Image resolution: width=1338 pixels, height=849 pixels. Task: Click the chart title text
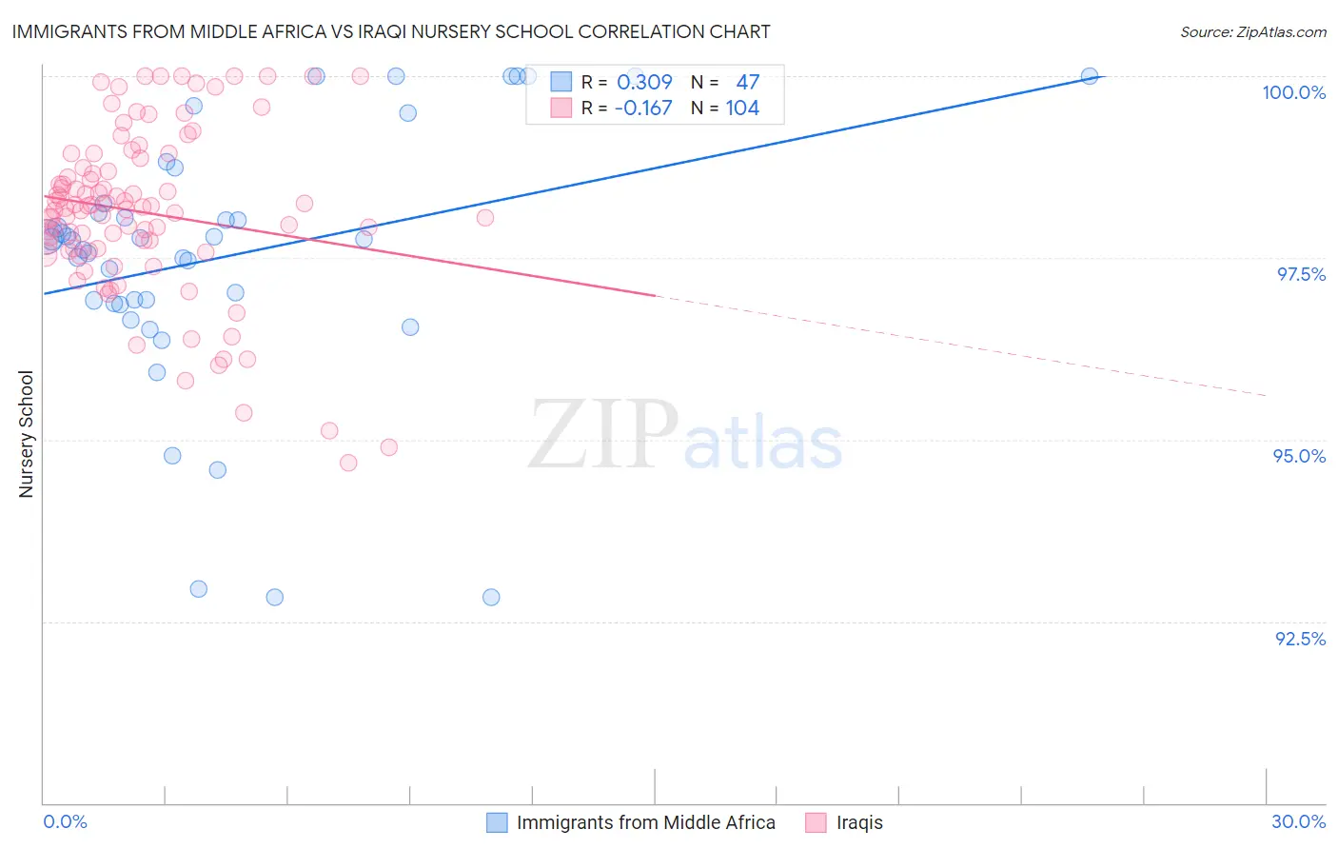point(391,31)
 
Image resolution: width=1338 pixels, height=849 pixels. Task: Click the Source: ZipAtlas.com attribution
point(1252,31)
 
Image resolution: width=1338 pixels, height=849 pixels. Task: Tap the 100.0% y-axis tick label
point(1293,92)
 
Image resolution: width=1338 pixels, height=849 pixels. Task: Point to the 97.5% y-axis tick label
point(1300,274)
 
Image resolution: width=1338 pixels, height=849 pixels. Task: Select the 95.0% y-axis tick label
point(1299,456)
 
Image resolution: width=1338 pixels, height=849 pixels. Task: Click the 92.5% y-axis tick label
point(1300,638)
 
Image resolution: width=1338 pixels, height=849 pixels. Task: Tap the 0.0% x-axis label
point(65,821)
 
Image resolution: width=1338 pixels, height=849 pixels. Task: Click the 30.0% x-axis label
point(1298,821)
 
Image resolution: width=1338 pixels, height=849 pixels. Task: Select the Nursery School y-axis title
point(26,434)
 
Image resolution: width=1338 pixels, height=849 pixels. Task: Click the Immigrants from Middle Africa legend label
point(645,822)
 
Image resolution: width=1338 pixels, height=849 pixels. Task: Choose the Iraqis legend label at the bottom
point(859,822)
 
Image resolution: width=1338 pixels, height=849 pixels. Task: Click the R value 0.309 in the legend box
point(644,83)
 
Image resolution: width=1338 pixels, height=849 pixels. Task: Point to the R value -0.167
point(642,109)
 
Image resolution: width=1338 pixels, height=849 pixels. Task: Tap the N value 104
point(742,109)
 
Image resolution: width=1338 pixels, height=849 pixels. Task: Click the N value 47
point(747,83)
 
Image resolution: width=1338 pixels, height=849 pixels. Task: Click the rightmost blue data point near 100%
point(1090,76)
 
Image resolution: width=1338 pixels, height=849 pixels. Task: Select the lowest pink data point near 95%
point(348,463)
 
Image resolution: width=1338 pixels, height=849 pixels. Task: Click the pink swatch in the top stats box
point(561,109)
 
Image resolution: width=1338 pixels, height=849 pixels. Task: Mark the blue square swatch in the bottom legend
point(497,822)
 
